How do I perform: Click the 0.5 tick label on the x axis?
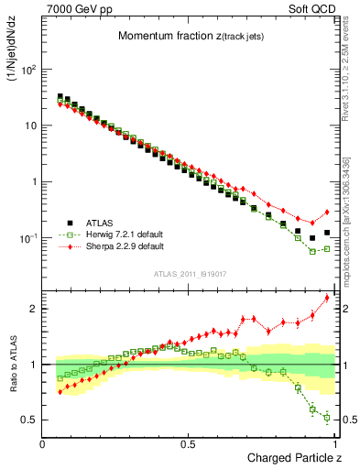click(x=189, y=444)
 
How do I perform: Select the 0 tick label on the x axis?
click(x=43, y=444)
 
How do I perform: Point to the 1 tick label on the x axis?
click(x=333, y=444)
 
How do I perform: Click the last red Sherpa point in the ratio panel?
click(x=327, y=298)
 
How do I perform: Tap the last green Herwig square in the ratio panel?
click(x=327, y=418)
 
